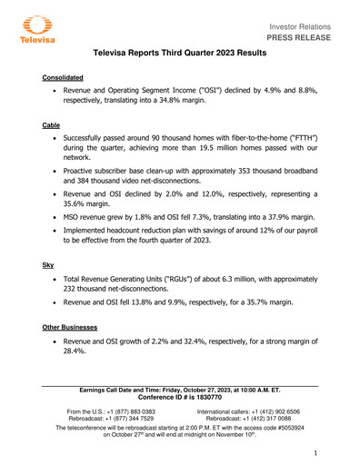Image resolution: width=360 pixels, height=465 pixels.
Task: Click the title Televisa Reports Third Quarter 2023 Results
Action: coord(180,55)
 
